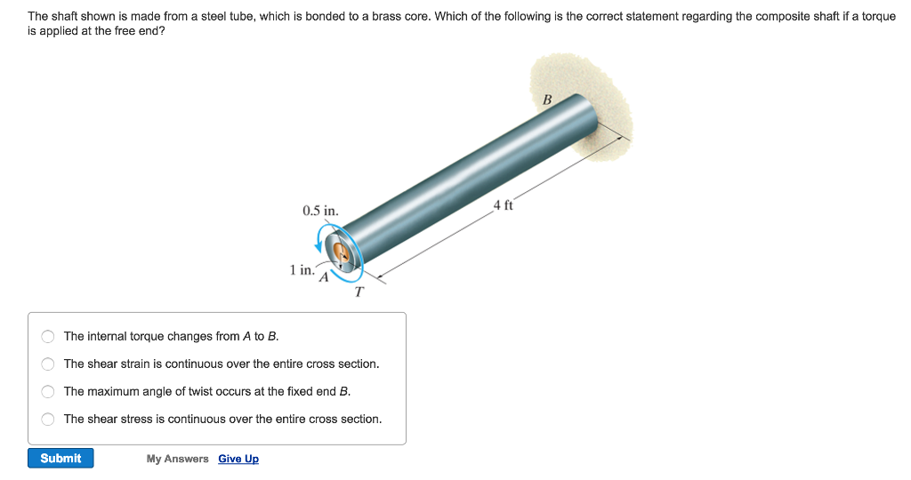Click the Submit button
click(x=60, y=458)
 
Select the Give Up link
click(x=238, y=459)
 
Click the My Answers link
click(x=178, y=459)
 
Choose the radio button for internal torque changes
click(x=48, y=337)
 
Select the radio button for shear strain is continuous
click(x=48, y=364)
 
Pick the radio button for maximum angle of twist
click(x=48, y=392)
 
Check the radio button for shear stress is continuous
click(x=48, y=420)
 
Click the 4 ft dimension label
click(x=504, y=206)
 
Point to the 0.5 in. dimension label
click(x=320, y=212)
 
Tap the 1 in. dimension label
click(x=302, y=269)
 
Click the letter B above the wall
click(x=547, y=99)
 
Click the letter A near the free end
click(x=324, y=277)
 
